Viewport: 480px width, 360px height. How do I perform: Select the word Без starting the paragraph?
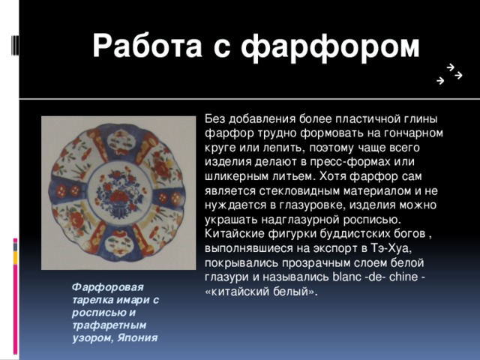(214, 118)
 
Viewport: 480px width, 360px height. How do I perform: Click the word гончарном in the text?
(408, 133)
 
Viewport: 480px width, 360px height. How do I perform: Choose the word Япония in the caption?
(137, 337)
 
